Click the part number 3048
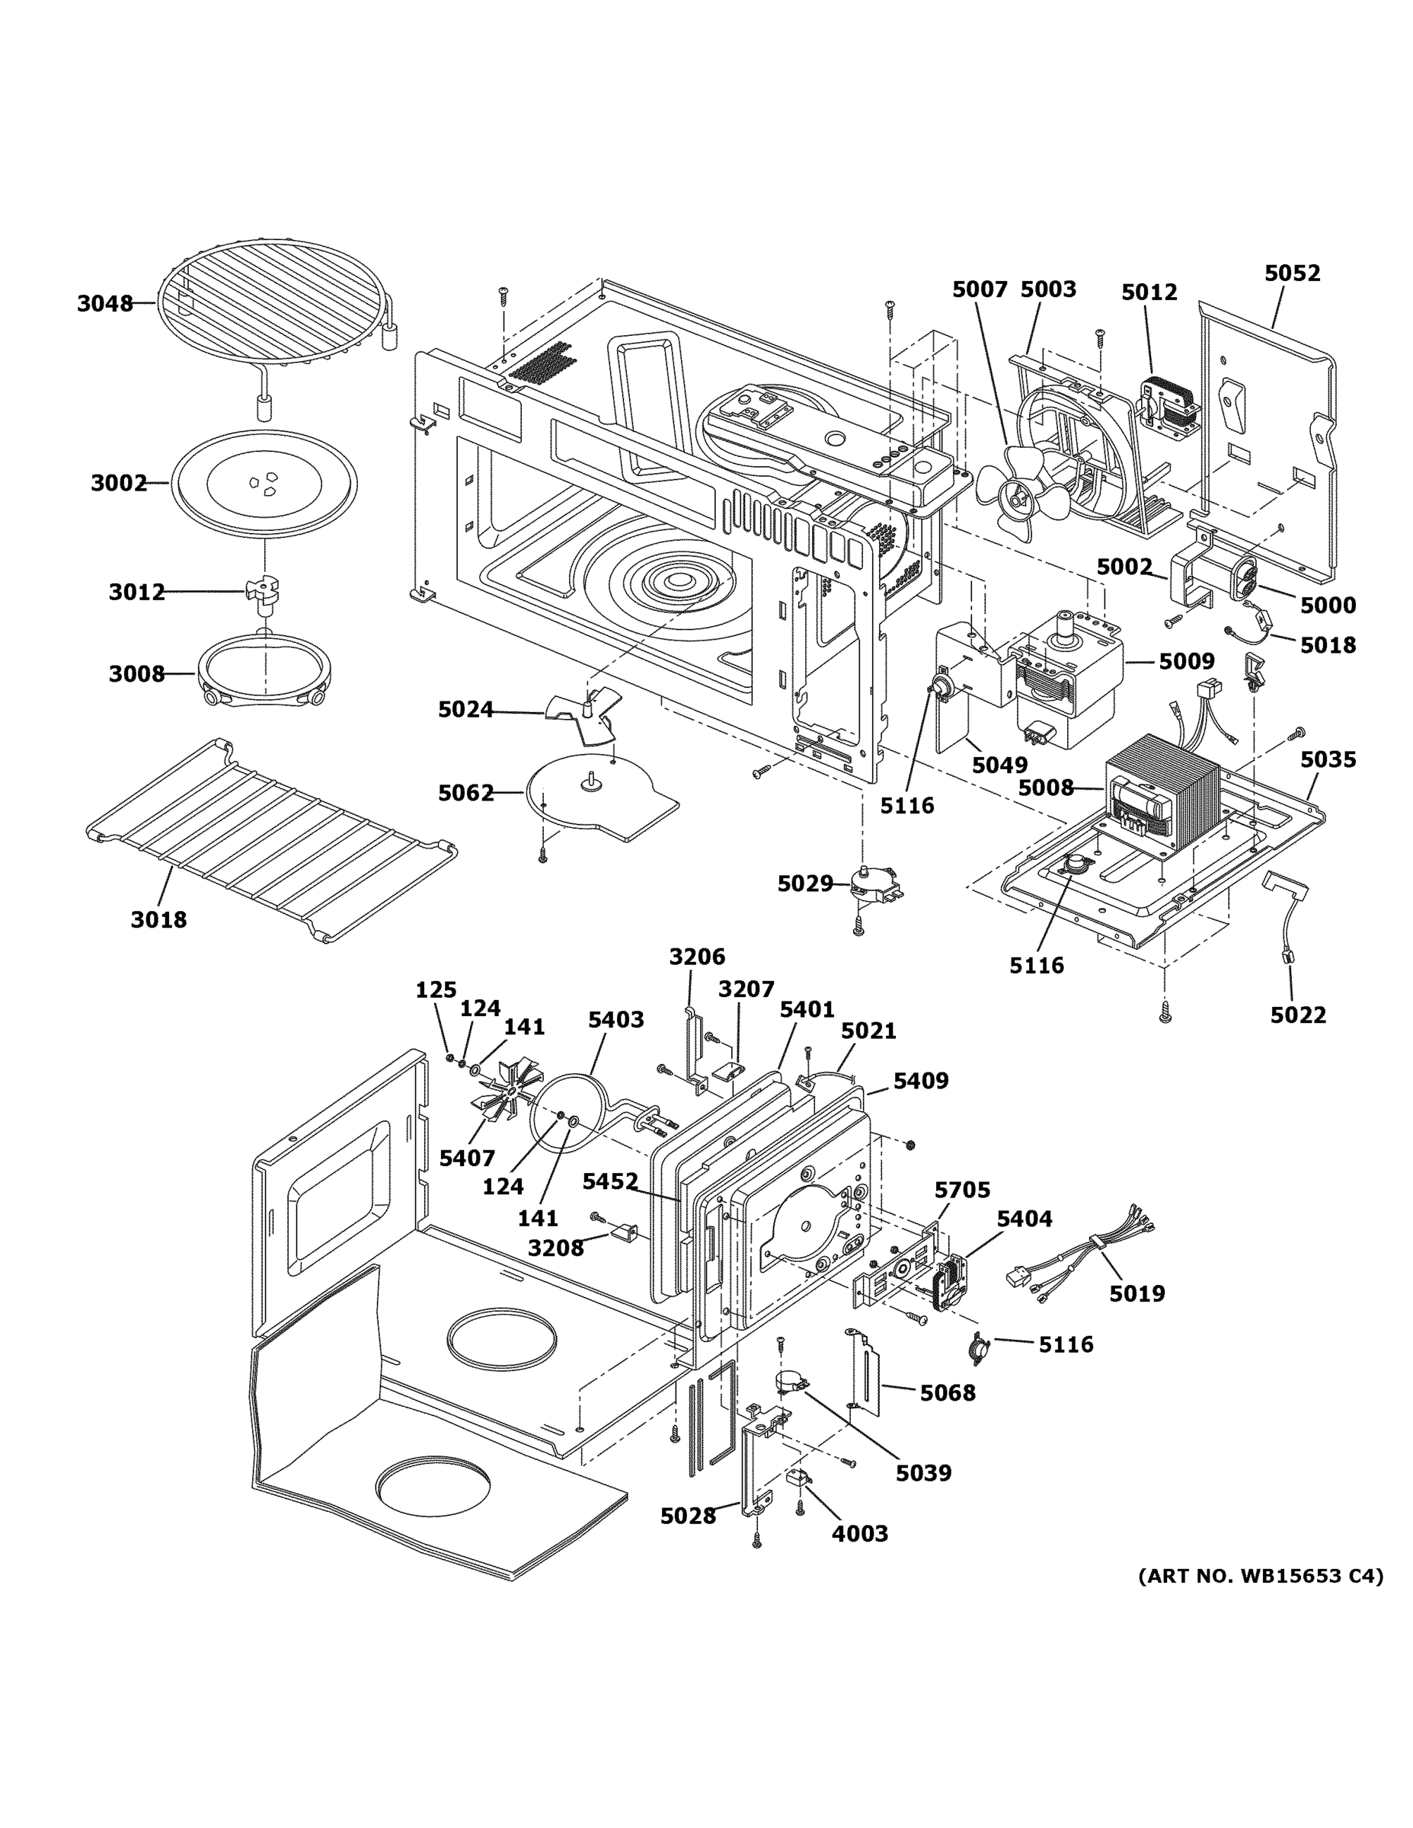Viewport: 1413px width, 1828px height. (104, 304)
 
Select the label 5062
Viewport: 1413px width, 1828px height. (466, 793)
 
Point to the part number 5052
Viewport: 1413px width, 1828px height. (1292, 273)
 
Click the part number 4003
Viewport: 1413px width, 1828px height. (860, 1533)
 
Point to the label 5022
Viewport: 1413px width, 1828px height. (1297, 1015)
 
